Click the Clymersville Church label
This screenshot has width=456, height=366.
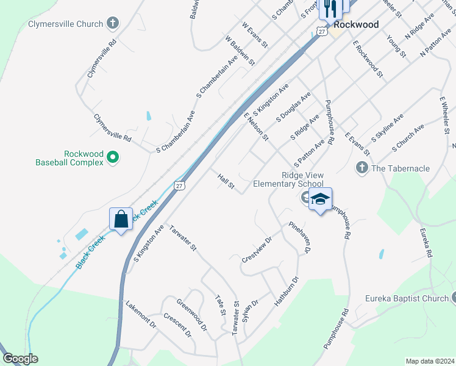click(x=65, y=24)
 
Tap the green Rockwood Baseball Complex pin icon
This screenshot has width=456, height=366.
click(x=113, y=158)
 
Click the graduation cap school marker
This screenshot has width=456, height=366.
click(x=320, y=199)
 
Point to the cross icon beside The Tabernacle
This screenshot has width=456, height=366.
click(x=362, y=168)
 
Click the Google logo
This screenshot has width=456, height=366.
click(x=20, y=359)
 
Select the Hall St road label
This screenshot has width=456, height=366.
click(x=226, y=181)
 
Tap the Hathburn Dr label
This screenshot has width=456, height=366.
click(x=287, y=291)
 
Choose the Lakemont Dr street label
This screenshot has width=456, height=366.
click(x=141, y=314)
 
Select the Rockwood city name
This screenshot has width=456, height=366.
click(x=357, y=25)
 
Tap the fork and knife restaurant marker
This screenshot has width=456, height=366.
click(x=330, y=8)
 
